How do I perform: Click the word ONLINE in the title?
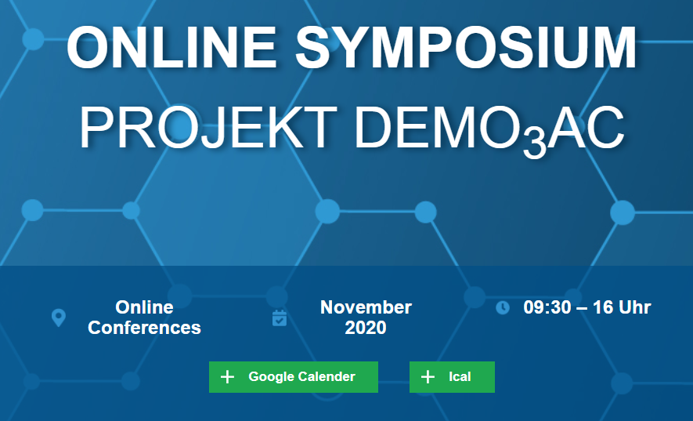pyautogui.click(x=171, y=47)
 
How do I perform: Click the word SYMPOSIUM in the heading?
pyautogui.click(x=466, y=47)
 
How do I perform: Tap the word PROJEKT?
pyautogui.click(x=208, y=128)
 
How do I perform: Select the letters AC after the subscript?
pyautogui.click(x=586, y=128)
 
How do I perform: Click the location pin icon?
pyautogui.click(x=59, y=318)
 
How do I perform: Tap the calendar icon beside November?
pyautogui.click(x=280, y=318)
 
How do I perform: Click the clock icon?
pyautogui.click(x=503, y=307)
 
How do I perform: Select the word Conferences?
pyautogui.click(x=145, y=328)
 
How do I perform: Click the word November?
pyautogui.click(x=366, y=307)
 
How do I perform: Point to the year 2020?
pyautogui.click(x=366, y=328)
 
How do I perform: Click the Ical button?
pyautogui.click(x=452, y=377)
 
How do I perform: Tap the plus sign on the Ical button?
pyautogui.click(x=428, y=377)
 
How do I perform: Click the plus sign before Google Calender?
pyautogui.click(x=227, y=377)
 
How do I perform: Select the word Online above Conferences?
pyautogui.click(x=144, y=307)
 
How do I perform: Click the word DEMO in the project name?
pyautogui.click(x=439, y=128)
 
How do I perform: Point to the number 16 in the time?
pyautogui.click(x=602, y=307)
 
